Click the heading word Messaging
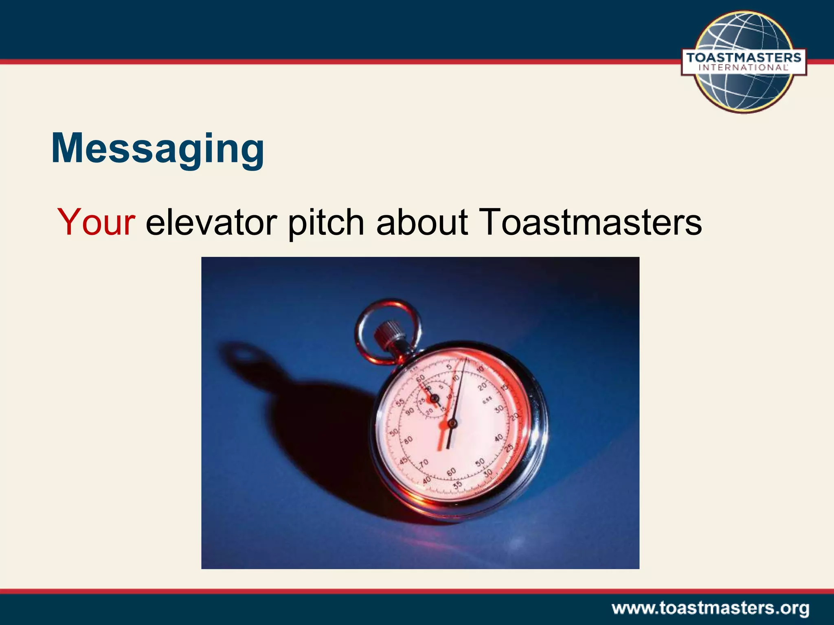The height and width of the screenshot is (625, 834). [158, 149]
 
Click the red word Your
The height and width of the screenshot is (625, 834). [96, 222]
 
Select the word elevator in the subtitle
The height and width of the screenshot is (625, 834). [211, 222]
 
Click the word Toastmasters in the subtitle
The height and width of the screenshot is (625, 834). [590, 222]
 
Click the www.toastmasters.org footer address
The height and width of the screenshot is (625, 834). [710, 609]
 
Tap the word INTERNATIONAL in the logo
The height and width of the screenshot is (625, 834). [744, 68]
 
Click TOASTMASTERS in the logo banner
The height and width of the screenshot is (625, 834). [744, 57]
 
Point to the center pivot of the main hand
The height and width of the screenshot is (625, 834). [451, 424]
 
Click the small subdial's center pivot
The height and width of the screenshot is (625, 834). [434, 398]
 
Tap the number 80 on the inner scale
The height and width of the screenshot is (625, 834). [408, 439]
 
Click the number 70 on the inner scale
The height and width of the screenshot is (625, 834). [424, 463]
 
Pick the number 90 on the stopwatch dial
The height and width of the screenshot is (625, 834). [409, 411]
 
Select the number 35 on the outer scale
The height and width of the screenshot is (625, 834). [458, 485]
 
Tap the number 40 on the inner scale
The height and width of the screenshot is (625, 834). [498, 438]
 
